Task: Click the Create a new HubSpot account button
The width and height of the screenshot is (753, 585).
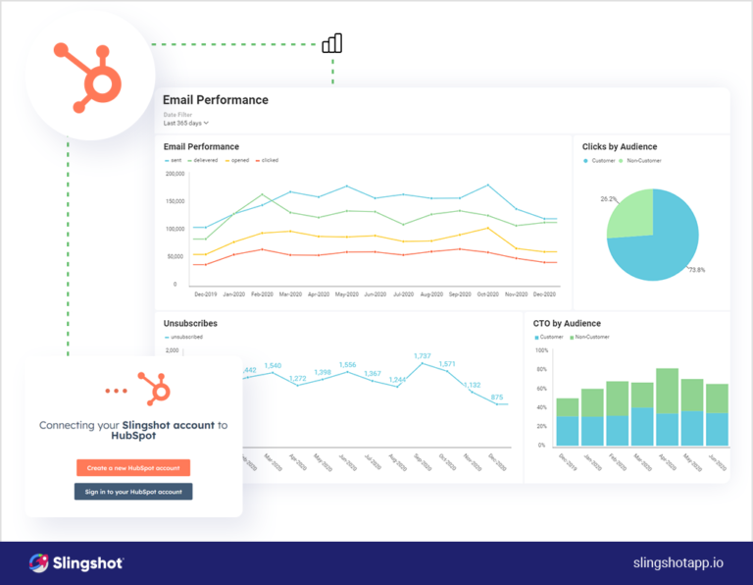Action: click(133, 468)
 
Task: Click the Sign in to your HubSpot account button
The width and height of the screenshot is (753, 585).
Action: click(133, 491)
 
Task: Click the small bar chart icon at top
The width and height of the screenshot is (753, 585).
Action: click(332, 43)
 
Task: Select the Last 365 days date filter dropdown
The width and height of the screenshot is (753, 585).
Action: click(185, 123)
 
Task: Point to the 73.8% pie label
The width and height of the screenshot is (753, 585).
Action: click(697, 270)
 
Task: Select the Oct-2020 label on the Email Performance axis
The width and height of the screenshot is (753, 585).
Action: click(487, 294)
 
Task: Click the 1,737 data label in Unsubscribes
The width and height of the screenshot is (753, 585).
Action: click(423, 355)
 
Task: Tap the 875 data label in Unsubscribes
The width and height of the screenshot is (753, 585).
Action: click(500, 397)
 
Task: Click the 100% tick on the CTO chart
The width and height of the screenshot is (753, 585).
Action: click(541, 350)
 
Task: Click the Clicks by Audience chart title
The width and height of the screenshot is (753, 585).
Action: click(620, 147)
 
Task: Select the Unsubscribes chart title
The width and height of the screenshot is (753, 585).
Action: click(190, 323)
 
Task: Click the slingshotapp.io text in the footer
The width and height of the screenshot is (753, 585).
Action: click(678, 562)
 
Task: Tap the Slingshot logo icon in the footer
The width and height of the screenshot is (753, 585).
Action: click(39, 562)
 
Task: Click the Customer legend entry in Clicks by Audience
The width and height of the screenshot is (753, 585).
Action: click(599, 160)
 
